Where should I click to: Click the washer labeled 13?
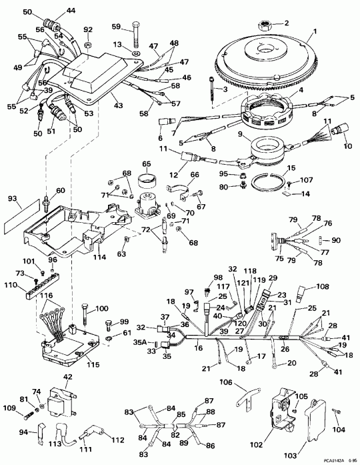click(135, 53)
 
